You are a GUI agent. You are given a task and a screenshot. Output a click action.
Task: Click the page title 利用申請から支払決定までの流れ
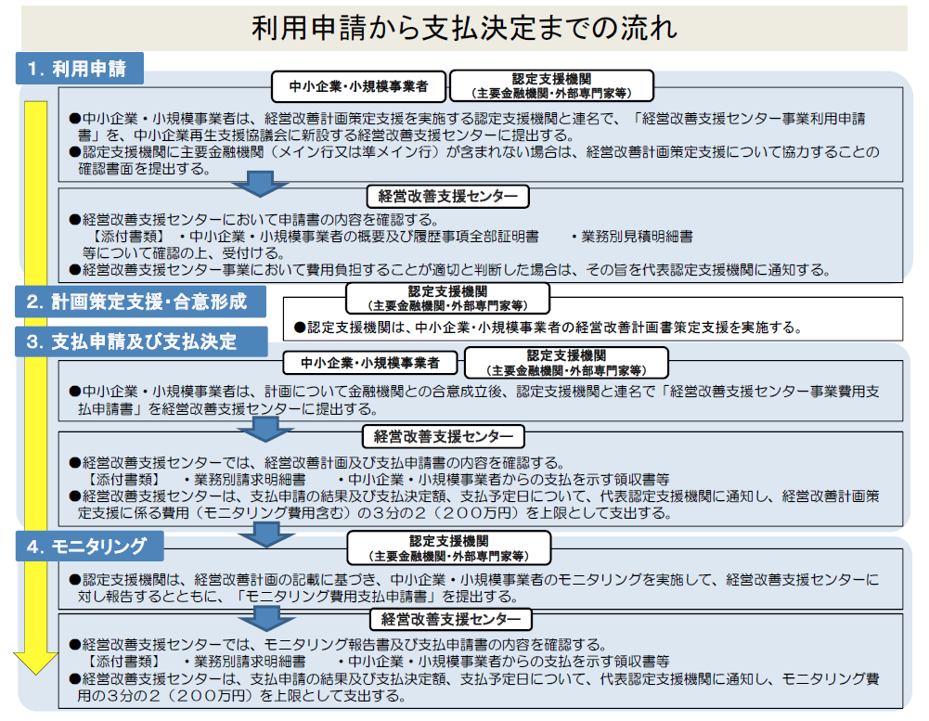coord(464,29)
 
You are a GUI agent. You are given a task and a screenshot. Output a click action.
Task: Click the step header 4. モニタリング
coord(89,546)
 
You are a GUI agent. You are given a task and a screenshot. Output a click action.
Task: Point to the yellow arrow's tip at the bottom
coord(35,675)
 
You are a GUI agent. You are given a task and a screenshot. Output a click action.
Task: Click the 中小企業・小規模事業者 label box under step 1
coord(358,86)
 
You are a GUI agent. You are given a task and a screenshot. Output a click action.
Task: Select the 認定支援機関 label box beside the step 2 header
coord(448,298)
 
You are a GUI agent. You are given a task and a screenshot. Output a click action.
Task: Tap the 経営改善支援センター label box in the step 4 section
coord(451,619)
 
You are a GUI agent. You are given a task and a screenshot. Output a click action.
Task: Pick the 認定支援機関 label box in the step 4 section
coord(449,548)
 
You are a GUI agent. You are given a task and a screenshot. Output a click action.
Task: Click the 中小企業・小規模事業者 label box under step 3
coord(370,363)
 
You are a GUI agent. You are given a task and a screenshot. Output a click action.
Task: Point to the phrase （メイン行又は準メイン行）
coord(355,152)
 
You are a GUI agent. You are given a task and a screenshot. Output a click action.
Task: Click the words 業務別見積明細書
coord(637,237)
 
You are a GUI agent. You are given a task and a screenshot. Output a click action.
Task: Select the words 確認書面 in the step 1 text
coord(106,169)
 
